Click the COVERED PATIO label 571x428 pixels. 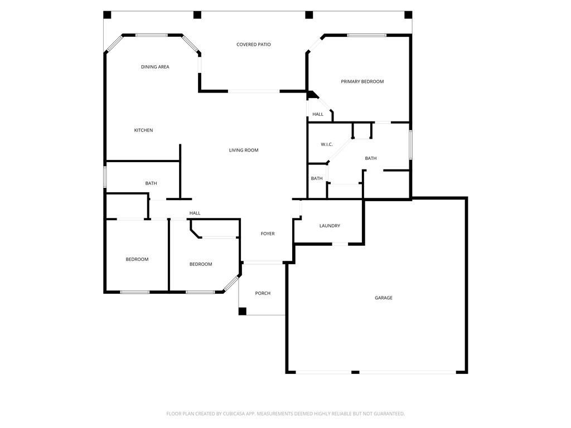point(253,45)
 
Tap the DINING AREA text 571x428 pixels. point(155,67)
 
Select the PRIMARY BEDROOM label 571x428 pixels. point(362,82)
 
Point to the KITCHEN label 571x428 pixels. point(143,130)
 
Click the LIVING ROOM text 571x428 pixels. point(244,150)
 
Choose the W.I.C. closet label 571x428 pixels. point(327,145)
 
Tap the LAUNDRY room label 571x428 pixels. point(330,226)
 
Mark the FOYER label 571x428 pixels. point(268,234)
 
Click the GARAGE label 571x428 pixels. point(383,298)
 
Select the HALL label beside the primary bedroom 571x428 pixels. point(318,114)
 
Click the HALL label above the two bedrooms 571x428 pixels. point(195,213)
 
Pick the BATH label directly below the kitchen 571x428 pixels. point(151,183)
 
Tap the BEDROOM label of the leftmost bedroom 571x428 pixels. point(137,260)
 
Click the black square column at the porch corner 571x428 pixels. point(242,311)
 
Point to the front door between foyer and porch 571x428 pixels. point(263,262)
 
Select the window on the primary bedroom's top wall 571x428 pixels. point(366,36)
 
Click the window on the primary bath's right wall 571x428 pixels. point(410,145)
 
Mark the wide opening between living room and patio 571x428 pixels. point(254,91)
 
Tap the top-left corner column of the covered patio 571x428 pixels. point(107,14)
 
